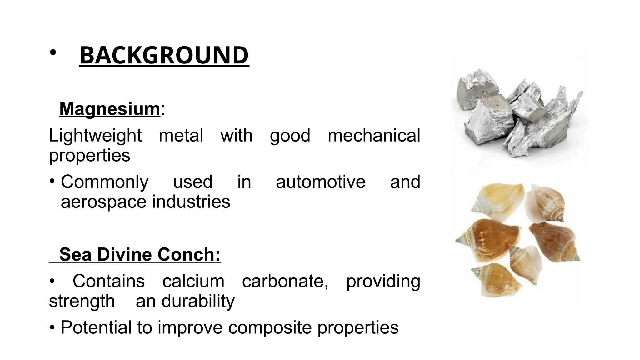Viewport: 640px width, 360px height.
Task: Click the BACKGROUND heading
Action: [x=164, y=55]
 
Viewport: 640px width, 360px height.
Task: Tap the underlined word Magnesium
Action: [x=110, y=109]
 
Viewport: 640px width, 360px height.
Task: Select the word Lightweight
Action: [x=95, y=136]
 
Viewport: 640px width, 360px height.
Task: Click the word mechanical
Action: [x=374, y=136]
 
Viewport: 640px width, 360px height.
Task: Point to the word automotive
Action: [x=320, y=182]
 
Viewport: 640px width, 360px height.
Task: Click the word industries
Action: [x=191, y=202]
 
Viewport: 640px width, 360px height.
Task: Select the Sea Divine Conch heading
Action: [x=140, y=254]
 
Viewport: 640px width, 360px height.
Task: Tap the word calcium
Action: [x=193, y=281]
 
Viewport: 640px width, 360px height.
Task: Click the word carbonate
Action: [x=285, y=281]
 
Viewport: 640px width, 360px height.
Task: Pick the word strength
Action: [x=82, y=301]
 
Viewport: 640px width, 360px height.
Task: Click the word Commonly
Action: [x=105, y=182]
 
